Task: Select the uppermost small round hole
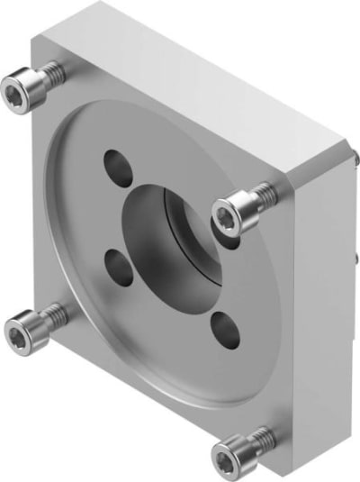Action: [118, 164]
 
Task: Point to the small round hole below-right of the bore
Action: [225, 328]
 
